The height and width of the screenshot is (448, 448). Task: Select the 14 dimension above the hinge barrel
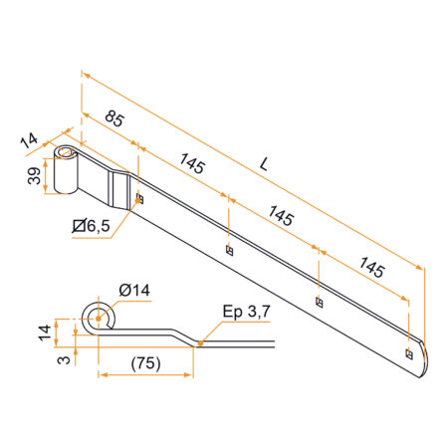(29, 140)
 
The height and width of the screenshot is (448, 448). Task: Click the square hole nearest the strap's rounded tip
(408, 351)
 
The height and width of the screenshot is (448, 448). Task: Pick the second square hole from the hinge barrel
(230, 250)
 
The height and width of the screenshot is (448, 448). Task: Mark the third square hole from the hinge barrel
(319, 302)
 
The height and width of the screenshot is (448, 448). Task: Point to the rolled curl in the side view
(99, 318)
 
